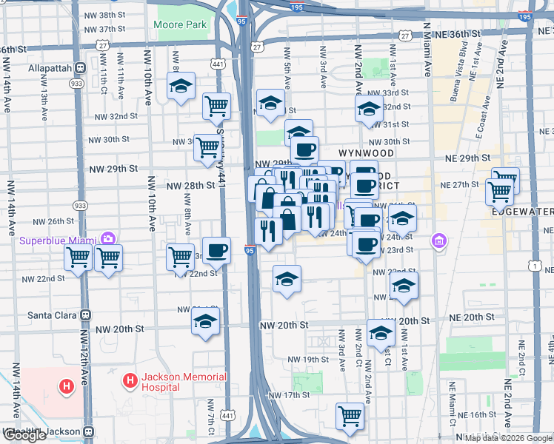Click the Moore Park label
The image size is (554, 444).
tap(180, 24)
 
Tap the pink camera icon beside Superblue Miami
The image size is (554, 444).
tap(108, 238)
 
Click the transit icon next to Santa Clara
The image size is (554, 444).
tap(86, 314)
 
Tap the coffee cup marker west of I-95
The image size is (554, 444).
tap(216, 251)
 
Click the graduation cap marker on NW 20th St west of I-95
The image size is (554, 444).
tap(205, 322)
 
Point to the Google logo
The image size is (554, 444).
tap(24, 435)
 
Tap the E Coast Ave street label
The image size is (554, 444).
tap(486, 111)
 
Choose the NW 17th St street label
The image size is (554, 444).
tap(289, 395)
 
